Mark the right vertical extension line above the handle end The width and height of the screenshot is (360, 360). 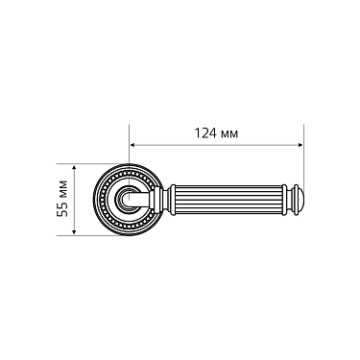305,154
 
